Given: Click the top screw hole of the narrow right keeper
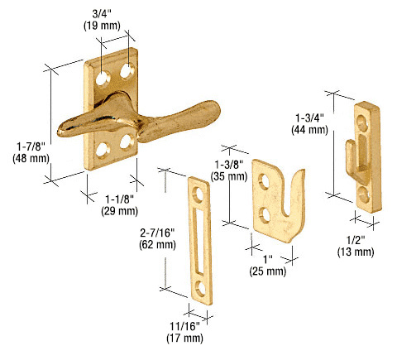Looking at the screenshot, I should click(x=364, y=122).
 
